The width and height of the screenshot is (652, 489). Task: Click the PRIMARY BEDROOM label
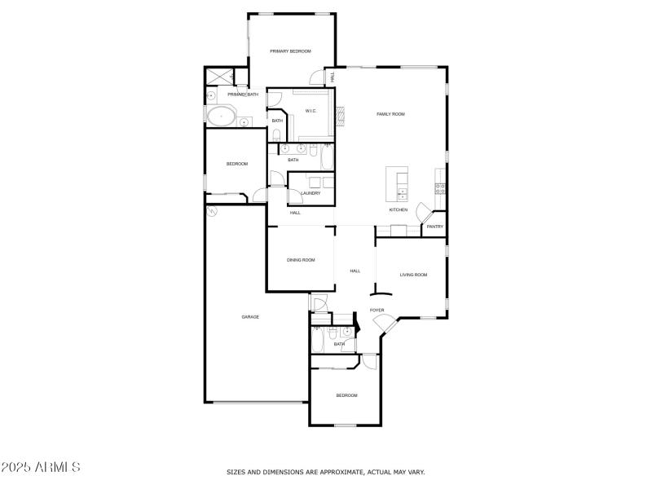pyautogui.click(x=291, y=51)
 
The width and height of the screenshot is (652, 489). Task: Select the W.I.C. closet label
pyautogui.click(x=311, y=111)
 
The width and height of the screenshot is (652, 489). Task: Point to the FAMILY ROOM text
pyautogui.click(x=390, y=114)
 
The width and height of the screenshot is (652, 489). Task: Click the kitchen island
pyautogui.click(x=397, y=183)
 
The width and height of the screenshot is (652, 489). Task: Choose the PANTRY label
pyautogui.click(x=435, y=227)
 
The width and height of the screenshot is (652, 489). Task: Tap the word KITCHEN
pyautogui.click(x=398, y=210)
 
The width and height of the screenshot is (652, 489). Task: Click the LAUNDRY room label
pyautogui.click(x=311, y=193)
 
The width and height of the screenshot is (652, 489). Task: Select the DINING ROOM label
pyautogui.click(x=301, y=260)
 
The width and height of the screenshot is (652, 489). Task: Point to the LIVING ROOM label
pyautogui.click(x=413, y=275)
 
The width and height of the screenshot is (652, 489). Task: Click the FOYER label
pyautogui.click(x=377, y=311)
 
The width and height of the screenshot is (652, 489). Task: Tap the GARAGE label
pyautogui.click(x=250, y=316)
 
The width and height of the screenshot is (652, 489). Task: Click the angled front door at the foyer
pyautogui.click(x=381, y=324)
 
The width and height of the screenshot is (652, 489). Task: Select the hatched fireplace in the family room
pyautogui.click(x=342, y=115)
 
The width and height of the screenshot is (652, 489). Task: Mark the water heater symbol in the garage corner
pyautogui.click(x=213, y=211)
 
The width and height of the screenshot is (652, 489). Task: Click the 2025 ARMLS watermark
pyautogui.click(x=41, y=468)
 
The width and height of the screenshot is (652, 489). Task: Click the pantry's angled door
pyautogui.click(x=422, y=212)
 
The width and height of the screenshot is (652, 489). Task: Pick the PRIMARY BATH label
pyautogui.click(x=243, y=95)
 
